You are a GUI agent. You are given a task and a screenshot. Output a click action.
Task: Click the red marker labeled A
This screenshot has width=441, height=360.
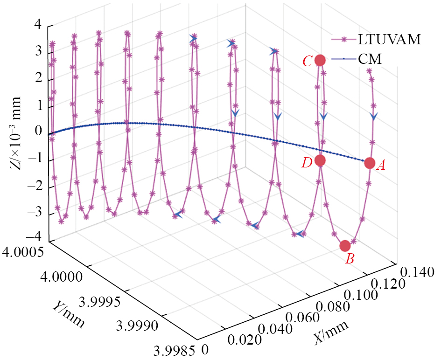click(x=370, y=163)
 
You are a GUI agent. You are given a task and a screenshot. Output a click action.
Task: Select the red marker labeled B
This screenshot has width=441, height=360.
click(x=345, y=245)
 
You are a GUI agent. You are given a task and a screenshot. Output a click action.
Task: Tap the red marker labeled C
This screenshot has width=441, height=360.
click(x=320, y=60)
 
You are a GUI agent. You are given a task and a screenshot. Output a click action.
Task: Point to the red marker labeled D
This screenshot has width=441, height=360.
click(x=320, y=160)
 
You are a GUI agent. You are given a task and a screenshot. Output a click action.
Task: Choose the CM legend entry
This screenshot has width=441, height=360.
click(x=371, y=58)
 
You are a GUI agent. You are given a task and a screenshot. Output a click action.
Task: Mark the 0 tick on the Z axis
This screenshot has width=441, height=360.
click(x=38, y=131)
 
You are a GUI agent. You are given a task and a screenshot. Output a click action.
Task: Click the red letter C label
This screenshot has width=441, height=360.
click(x=307, y=61)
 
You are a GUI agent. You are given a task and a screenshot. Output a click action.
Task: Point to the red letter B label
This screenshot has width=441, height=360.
click(x=349, y=259)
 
